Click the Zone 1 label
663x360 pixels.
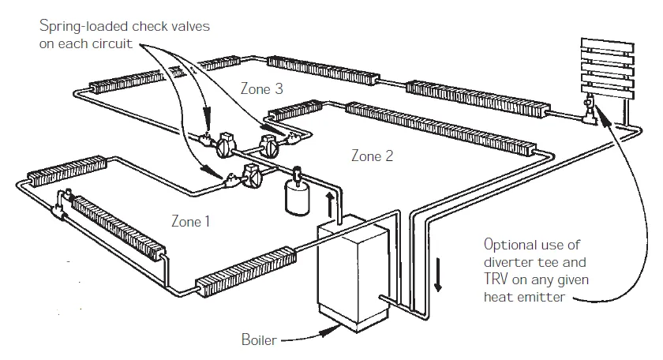tap(191, 221)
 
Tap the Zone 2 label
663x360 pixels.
tap(372, 156)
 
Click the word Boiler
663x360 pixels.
tap(259, 341)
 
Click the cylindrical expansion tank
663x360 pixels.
tap(297, 197)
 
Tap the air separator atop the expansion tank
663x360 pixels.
tap(298, 174)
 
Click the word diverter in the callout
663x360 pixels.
tap(505, 262)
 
